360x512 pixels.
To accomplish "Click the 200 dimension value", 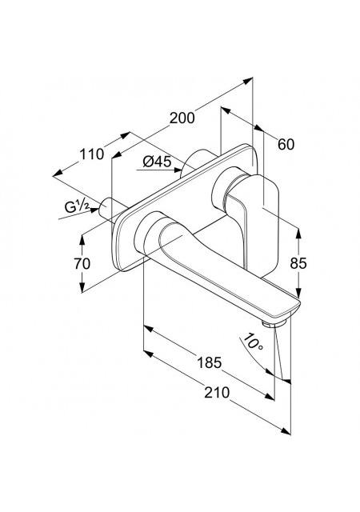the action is [x=182, y=118].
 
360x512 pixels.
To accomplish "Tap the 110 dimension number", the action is [x=92, y=154].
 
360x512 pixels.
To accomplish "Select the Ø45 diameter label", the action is [x=157, y=162].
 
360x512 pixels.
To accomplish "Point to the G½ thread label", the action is [x=77, y=206].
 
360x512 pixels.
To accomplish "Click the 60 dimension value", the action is [x=286, y=144].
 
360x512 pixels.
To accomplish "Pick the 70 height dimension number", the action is [x=82, y=263].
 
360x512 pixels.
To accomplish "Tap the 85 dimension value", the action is [x=298, y=263].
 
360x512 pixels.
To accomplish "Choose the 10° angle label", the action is [x=254, y=342].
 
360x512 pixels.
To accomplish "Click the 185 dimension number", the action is [x=210, y=362].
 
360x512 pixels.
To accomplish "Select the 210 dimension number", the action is [x=217, y=392].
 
